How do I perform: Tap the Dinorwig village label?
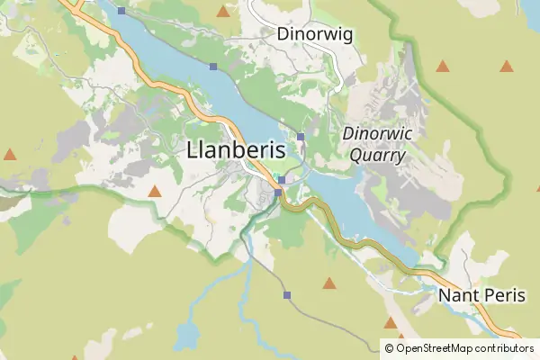pyautogui.click(x=315, y=34)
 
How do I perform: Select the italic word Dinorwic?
pyautogui.click(x=375, y=134)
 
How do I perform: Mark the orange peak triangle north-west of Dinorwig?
pyautogui.click(x=223, y=12)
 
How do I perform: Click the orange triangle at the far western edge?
pyautogui.click(x=10, y=155)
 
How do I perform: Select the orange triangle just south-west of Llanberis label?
pyautogui.click(x=155, y=191)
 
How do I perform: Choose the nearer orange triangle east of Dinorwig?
pyautogui.click(x=442, y=66)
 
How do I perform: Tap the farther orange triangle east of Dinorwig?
pyautogui.click(x=507, y=66)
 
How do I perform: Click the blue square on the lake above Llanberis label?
pyautogui.click(x=213, y=67)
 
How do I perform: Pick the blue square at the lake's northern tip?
pyautogui.click(x=121, y=11)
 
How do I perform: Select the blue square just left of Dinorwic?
pyautogui.click(x=301, y=136)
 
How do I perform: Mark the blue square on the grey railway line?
pyautogui.click(x=287, y=295)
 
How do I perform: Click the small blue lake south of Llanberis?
pyautogui.click(x=186, y=337)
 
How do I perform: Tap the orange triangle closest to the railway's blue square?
pyautogui.click(x=329, y=283)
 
